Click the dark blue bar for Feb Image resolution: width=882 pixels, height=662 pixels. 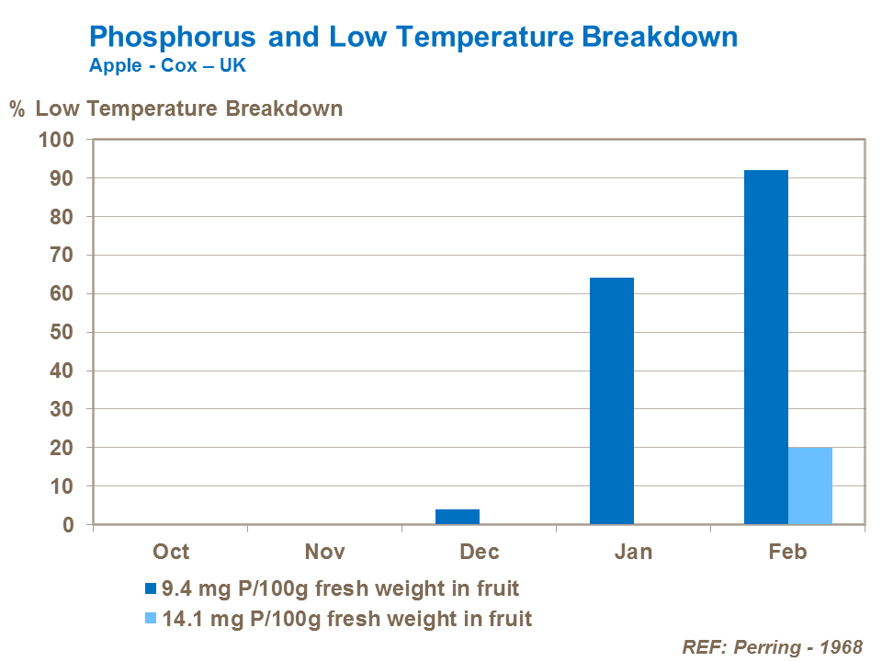coord(765,348)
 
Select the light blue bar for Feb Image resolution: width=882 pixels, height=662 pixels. coord(809,486)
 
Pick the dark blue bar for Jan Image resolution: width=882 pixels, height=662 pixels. coord(611,401)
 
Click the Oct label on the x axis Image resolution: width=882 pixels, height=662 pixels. coord(171,551)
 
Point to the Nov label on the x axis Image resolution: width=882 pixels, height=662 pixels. coord(325,551)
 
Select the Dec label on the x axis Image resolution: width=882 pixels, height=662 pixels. coord(480,551)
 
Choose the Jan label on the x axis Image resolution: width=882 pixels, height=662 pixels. coord(634,551)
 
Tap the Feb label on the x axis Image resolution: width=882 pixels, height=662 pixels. coord(787,551)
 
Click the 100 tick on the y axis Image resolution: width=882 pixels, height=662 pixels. coord(54,140)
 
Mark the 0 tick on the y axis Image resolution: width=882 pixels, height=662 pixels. coord(67,525)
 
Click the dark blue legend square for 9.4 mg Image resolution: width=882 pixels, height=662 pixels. coord(151,588)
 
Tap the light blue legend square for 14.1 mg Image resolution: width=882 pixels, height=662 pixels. coord(151,619)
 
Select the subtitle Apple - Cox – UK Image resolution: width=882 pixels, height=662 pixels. coord(167,67)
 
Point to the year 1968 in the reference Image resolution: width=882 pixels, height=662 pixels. coord(840,645)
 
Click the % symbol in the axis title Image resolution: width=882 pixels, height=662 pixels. coord(17,109)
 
